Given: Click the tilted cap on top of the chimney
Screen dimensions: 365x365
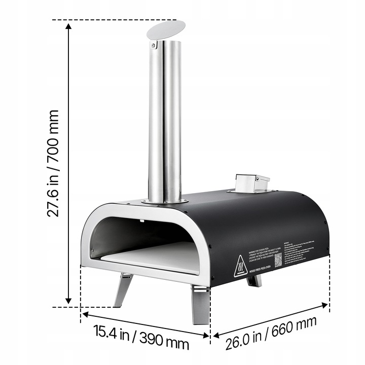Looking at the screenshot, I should (x=165, y=29).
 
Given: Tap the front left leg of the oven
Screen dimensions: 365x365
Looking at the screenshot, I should (x=123, y=290).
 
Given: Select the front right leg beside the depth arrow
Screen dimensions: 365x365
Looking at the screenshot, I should (x=199, y=303).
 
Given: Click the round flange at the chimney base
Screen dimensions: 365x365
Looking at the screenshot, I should (x=163, y=201).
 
